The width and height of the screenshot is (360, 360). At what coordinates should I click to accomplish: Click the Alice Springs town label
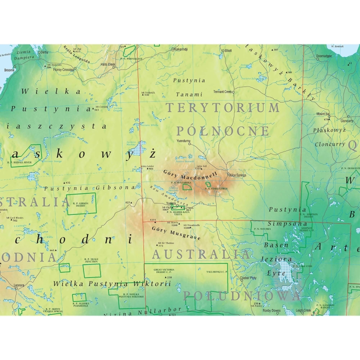[x=237, y=175]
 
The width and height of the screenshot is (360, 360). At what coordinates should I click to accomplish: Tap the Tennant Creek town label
[x=223, y=91]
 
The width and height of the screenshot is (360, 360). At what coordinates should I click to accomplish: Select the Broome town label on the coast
[x=9, y=70]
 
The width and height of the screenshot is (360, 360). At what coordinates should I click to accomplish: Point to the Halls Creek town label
[x=108, y=64]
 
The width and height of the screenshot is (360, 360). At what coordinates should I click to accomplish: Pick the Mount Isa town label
[x=323, y=114]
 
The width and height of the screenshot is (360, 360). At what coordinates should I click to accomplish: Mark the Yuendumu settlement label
[x=184, y=141]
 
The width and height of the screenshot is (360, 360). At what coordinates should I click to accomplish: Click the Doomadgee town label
[x=324, y=56]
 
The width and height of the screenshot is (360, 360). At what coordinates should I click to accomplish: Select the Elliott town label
[x=228, y=50]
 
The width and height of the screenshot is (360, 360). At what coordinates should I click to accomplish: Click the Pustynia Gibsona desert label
[x=89, y=188]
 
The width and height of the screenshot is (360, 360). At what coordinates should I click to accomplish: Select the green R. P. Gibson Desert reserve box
[x=81, y=204]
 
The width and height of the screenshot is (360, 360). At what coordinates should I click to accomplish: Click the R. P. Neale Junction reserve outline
[x=91, y=270]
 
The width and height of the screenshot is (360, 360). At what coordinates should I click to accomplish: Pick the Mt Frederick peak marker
[x=146, y=93]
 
